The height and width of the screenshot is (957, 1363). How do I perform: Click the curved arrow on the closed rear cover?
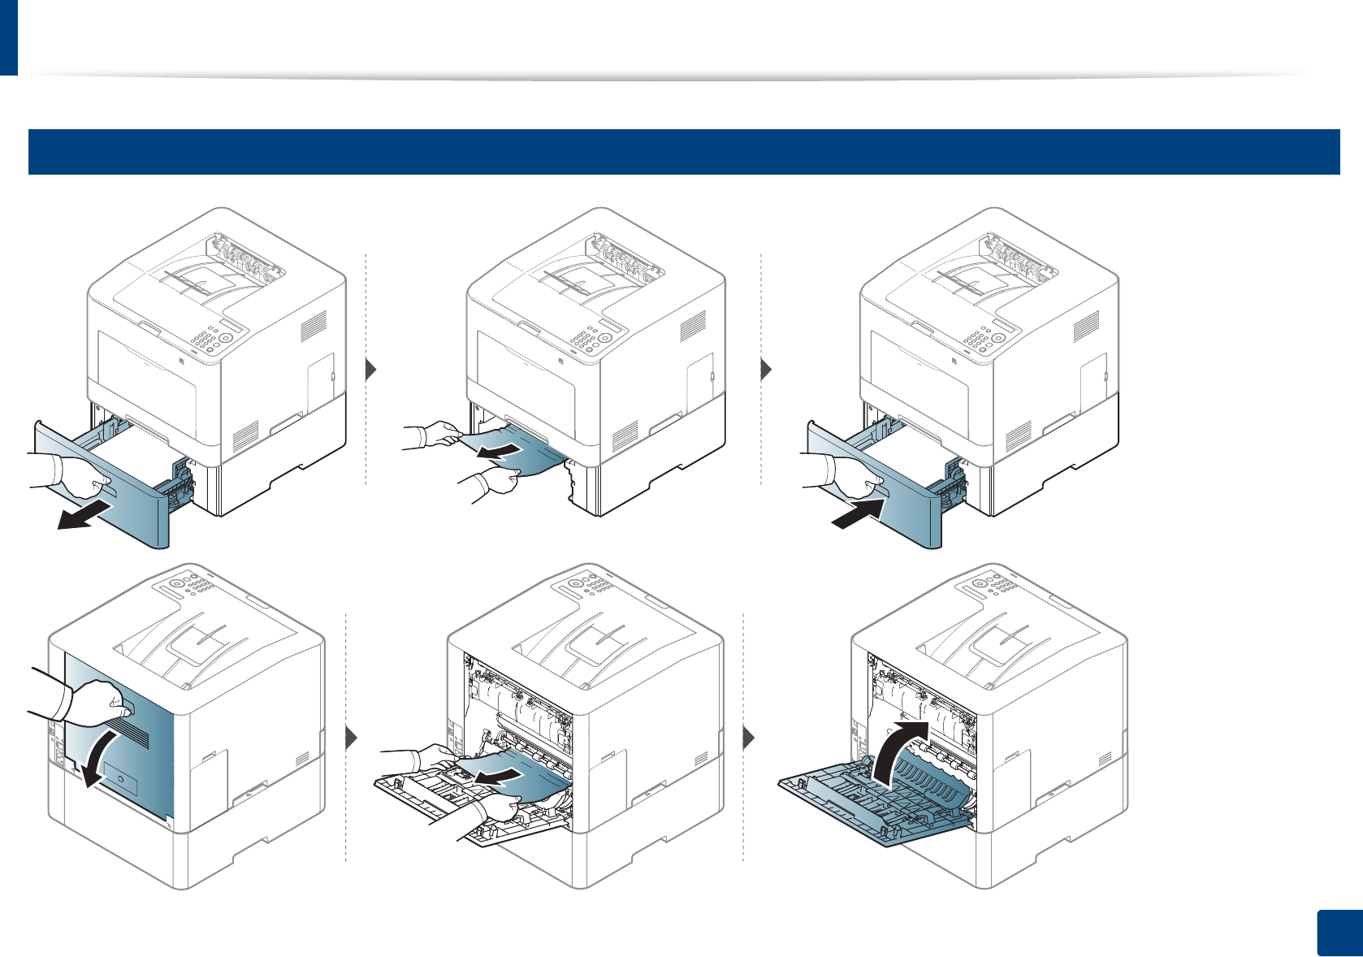pos(105,762)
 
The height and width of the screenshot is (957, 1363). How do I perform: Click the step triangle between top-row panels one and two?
pos(371,370)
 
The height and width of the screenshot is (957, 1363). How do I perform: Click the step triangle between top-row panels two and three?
pos(766,370)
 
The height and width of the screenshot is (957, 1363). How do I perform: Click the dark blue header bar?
pos(683,152)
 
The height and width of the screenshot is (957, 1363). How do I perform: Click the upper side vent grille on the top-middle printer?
pos(692,326)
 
